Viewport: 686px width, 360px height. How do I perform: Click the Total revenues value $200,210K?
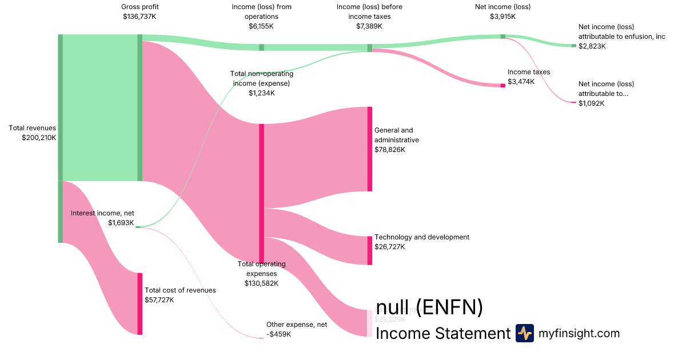(x=39, y=138)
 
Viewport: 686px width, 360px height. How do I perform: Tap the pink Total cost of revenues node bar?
(x=139, y=303)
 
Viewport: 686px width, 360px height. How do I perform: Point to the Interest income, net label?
(x=102, y=213)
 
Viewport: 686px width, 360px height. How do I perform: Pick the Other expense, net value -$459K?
(x=278, y=334)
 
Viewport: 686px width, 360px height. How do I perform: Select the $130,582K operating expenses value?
(x=261, y=283)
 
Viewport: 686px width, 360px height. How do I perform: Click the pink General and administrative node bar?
(x=370, y=149)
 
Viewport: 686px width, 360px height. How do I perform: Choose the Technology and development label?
(x=422, y=237)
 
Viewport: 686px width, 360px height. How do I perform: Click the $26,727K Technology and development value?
(x=389, y=247)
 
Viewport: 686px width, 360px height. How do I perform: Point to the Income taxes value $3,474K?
(x=521, y=82)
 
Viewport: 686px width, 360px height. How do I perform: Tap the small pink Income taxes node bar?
(x=503, y=85)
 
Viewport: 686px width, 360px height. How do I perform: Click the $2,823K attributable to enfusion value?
(x=592, y=46)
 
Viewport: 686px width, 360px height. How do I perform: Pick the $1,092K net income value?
(x=592, y=103)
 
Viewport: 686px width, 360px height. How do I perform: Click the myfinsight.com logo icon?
(x=524, y=333)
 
